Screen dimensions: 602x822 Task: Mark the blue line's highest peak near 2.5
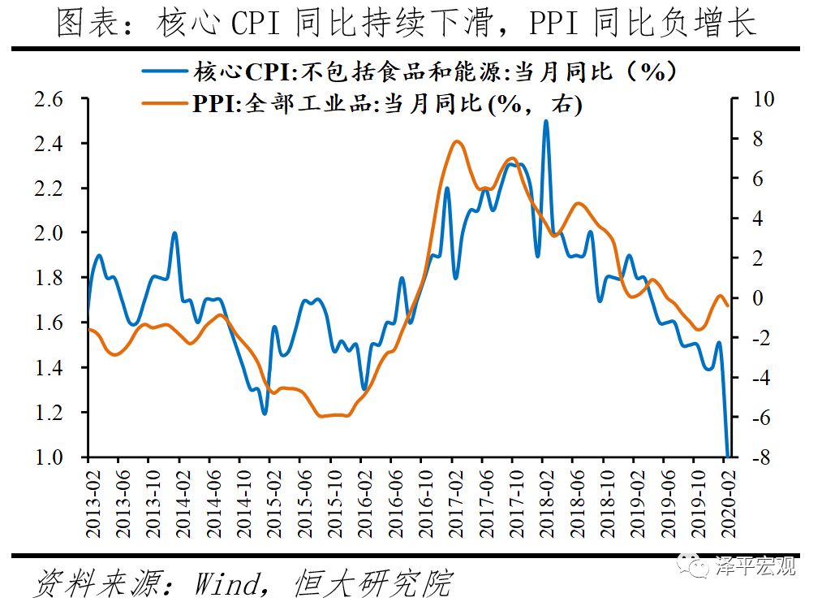coord(545,121)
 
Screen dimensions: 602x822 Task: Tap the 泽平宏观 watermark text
coord(755,565)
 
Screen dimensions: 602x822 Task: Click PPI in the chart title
coord(555,23)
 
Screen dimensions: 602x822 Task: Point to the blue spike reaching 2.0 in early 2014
coord(174,233)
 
